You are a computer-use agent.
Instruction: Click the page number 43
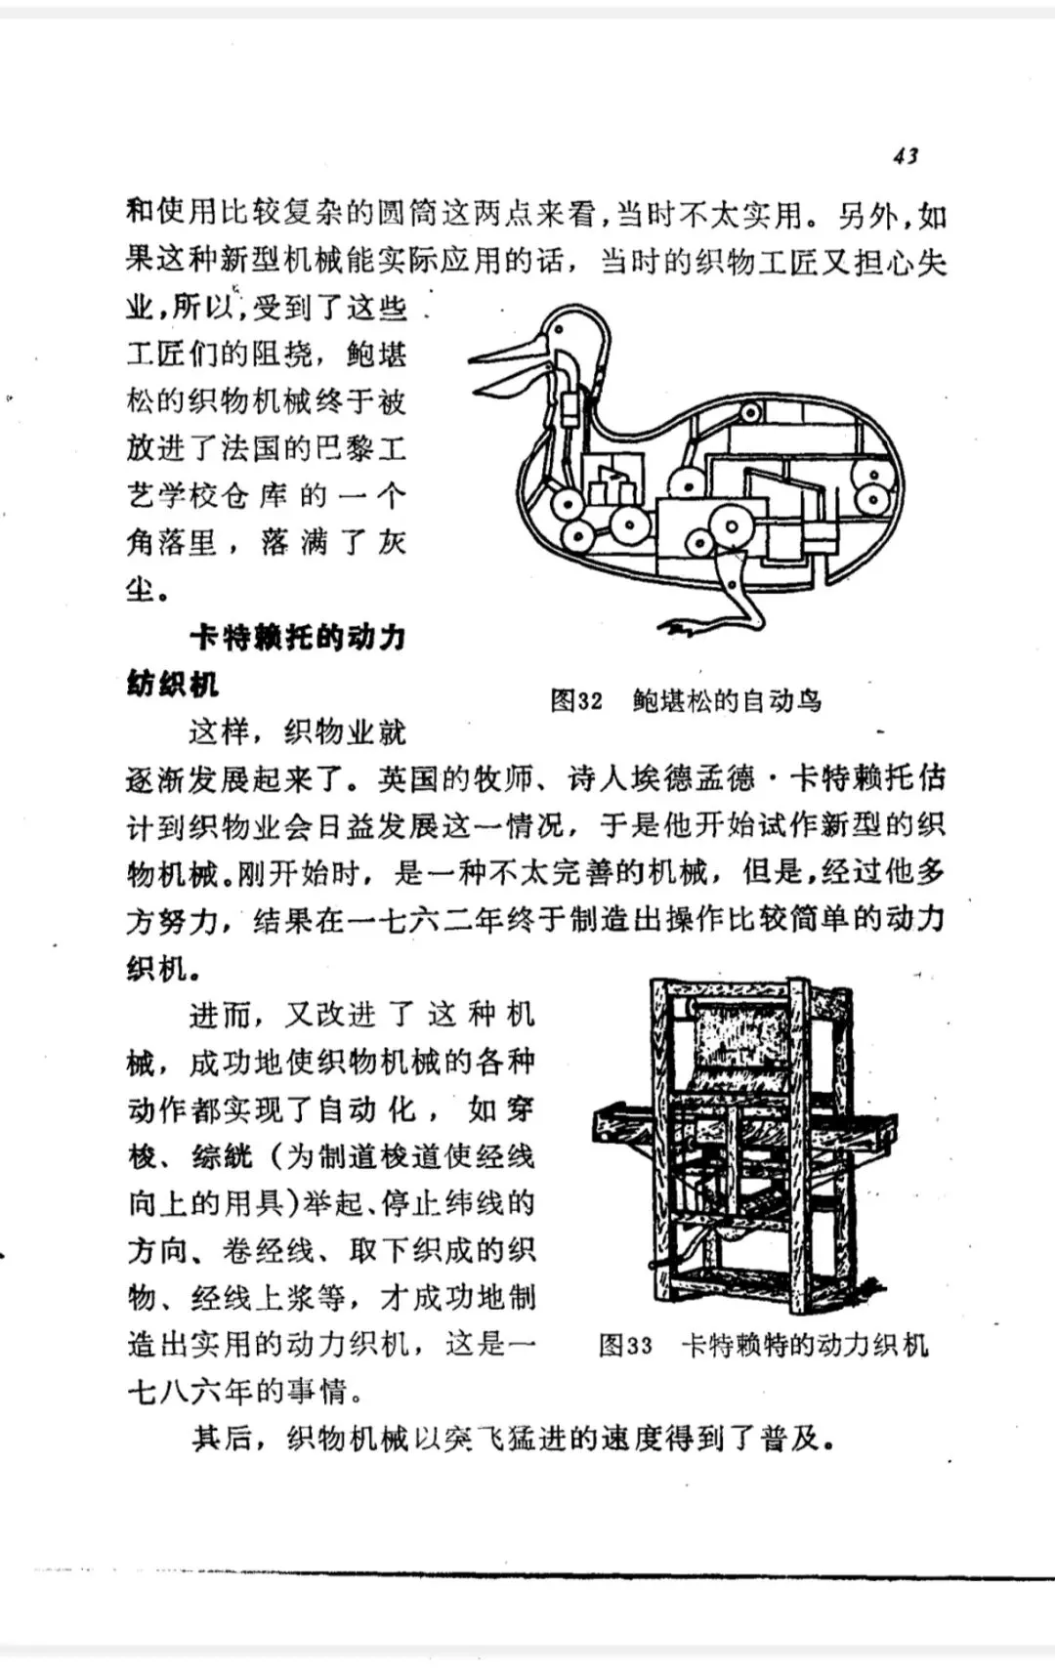coord(906,156)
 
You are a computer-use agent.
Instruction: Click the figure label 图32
coord(576,700)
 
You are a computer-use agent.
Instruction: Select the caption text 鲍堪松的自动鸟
coord(727,700)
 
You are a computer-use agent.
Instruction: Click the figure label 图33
coord(625,1345)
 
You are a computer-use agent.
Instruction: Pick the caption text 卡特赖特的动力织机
coord(804,1345)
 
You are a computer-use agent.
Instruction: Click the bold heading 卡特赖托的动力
coord(297,637)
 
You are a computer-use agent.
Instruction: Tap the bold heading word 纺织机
coord(172,684)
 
